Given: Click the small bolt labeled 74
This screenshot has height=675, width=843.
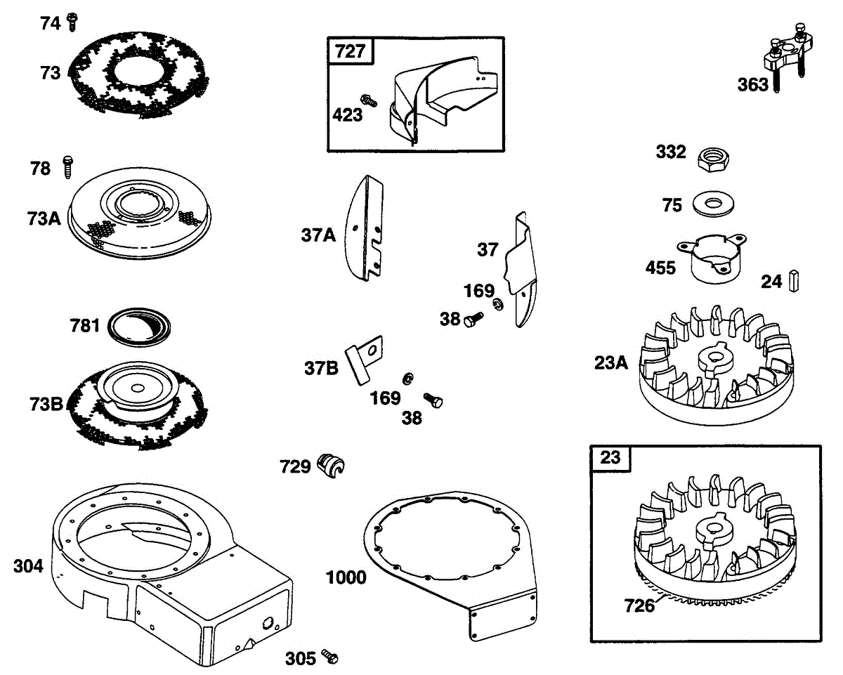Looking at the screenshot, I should [x=71, y=22].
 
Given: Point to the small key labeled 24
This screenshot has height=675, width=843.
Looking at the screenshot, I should [x=795, y=281].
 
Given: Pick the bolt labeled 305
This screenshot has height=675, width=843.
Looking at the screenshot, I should [x=329, y=656].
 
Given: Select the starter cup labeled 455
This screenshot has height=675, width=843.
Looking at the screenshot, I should [x=712, y=261].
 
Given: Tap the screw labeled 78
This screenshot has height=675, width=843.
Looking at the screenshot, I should [x=68, y=167].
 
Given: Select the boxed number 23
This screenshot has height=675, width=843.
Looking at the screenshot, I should [x=610, y=458].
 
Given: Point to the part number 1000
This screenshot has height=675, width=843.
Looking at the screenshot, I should [x=346, y=577].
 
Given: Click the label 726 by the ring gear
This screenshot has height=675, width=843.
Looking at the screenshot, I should [x=639, y=604].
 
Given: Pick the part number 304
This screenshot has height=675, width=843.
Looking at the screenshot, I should [x=28, y=566].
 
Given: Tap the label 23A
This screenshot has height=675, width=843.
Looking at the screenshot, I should [x=610, y=363].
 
